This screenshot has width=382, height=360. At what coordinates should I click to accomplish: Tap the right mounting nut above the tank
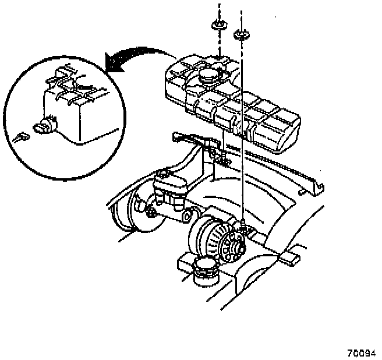coord(240,34)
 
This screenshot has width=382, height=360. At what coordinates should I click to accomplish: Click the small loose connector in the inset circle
coord(22,138)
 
